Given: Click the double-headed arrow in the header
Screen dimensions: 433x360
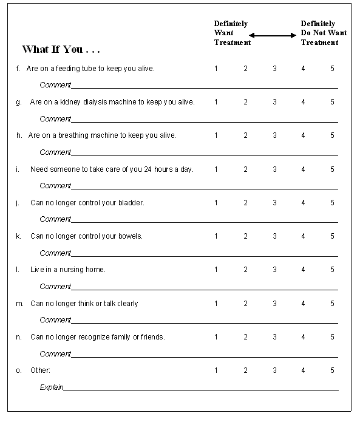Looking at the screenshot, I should (273, 35).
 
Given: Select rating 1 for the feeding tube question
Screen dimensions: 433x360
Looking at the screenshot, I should (216, 69).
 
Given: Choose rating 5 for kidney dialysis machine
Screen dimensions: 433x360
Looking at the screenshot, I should (332, 102).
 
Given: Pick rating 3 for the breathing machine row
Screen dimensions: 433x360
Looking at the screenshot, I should (274, 135).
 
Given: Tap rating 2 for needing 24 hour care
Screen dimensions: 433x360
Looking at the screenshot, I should (246, 169).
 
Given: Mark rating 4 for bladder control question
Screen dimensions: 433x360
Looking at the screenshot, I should (303, 203).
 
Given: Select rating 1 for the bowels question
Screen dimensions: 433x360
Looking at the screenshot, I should (216, 236).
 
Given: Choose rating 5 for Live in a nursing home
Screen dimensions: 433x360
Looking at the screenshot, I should (332, 270).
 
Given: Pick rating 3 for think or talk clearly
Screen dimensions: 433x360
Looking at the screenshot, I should (274, 303).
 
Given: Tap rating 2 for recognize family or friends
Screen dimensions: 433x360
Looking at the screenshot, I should (246, 336).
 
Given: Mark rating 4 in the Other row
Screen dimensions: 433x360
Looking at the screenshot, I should (303, 370).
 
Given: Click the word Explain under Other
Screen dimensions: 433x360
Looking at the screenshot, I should (51, 387).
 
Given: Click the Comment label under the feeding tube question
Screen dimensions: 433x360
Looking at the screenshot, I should (55, 85).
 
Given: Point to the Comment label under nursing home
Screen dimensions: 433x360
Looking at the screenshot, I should (55, 287).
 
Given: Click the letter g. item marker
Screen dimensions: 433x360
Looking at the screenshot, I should (19, 102).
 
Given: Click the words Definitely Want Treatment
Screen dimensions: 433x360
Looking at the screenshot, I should (231, 33).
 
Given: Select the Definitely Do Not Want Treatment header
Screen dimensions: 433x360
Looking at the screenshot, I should (324, 33).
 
